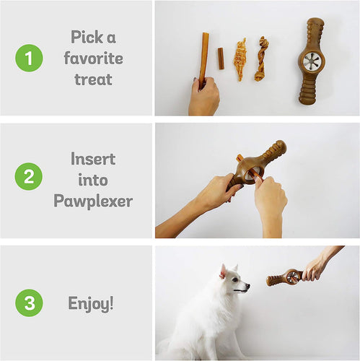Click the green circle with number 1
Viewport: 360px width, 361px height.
[x=29, y=58]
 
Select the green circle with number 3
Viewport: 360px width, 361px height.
[x=29, y=303]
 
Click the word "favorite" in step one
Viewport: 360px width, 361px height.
[x=93, y=58]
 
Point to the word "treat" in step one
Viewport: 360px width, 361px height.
[x=93, y=79]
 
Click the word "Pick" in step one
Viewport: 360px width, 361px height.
[x=93, y=37]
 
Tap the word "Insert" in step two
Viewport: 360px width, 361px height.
[x=93, y=159]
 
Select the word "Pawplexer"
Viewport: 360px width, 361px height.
[x=93, y=201]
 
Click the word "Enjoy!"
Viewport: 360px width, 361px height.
[x=91, y=303]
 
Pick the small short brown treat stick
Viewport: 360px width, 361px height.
[x=221, y=58]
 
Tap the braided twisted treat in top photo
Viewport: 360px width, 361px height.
[x=260, y=59]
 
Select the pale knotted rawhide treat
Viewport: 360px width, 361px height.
[x=240, y=59]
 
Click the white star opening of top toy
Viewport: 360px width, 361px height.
[x=311, y=61]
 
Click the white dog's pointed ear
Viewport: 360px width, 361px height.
[x=223, y=271]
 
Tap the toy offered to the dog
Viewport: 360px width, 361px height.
[x=285, y=277]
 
